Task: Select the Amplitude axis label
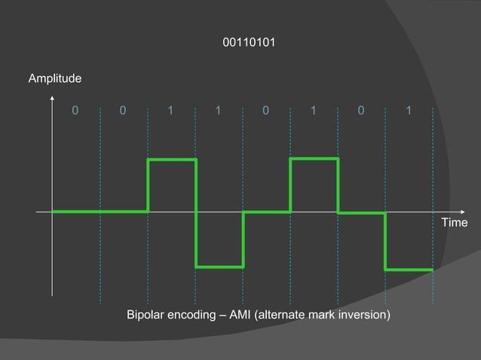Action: (55, 78)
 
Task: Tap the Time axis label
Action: (455, 223)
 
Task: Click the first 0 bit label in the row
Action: (75, 111)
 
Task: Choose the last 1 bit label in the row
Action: (408, 111)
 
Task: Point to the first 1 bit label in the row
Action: (170, 111)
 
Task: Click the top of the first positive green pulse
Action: (172, 160)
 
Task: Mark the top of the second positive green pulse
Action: (314, 158)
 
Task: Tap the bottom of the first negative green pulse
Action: (219, 267)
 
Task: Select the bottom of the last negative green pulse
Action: (409, 269)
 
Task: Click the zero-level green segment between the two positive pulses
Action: (266, 212)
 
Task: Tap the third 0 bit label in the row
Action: (265, 111)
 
